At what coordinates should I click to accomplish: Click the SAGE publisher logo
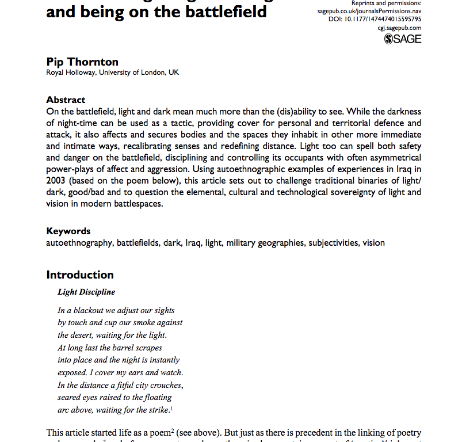402,39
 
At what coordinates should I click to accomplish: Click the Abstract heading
66,100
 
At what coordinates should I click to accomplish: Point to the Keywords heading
68,231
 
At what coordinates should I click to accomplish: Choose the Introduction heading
80,275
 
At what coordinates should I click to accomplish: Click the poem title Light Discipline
86,292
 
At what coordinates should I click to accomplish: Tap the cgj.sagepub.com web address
399,27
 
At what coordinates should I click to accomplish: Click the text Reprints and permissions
386,3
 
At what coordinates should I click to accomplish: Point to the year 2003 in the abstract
57,181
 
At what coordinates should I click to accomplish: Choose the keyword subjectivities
334,242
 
